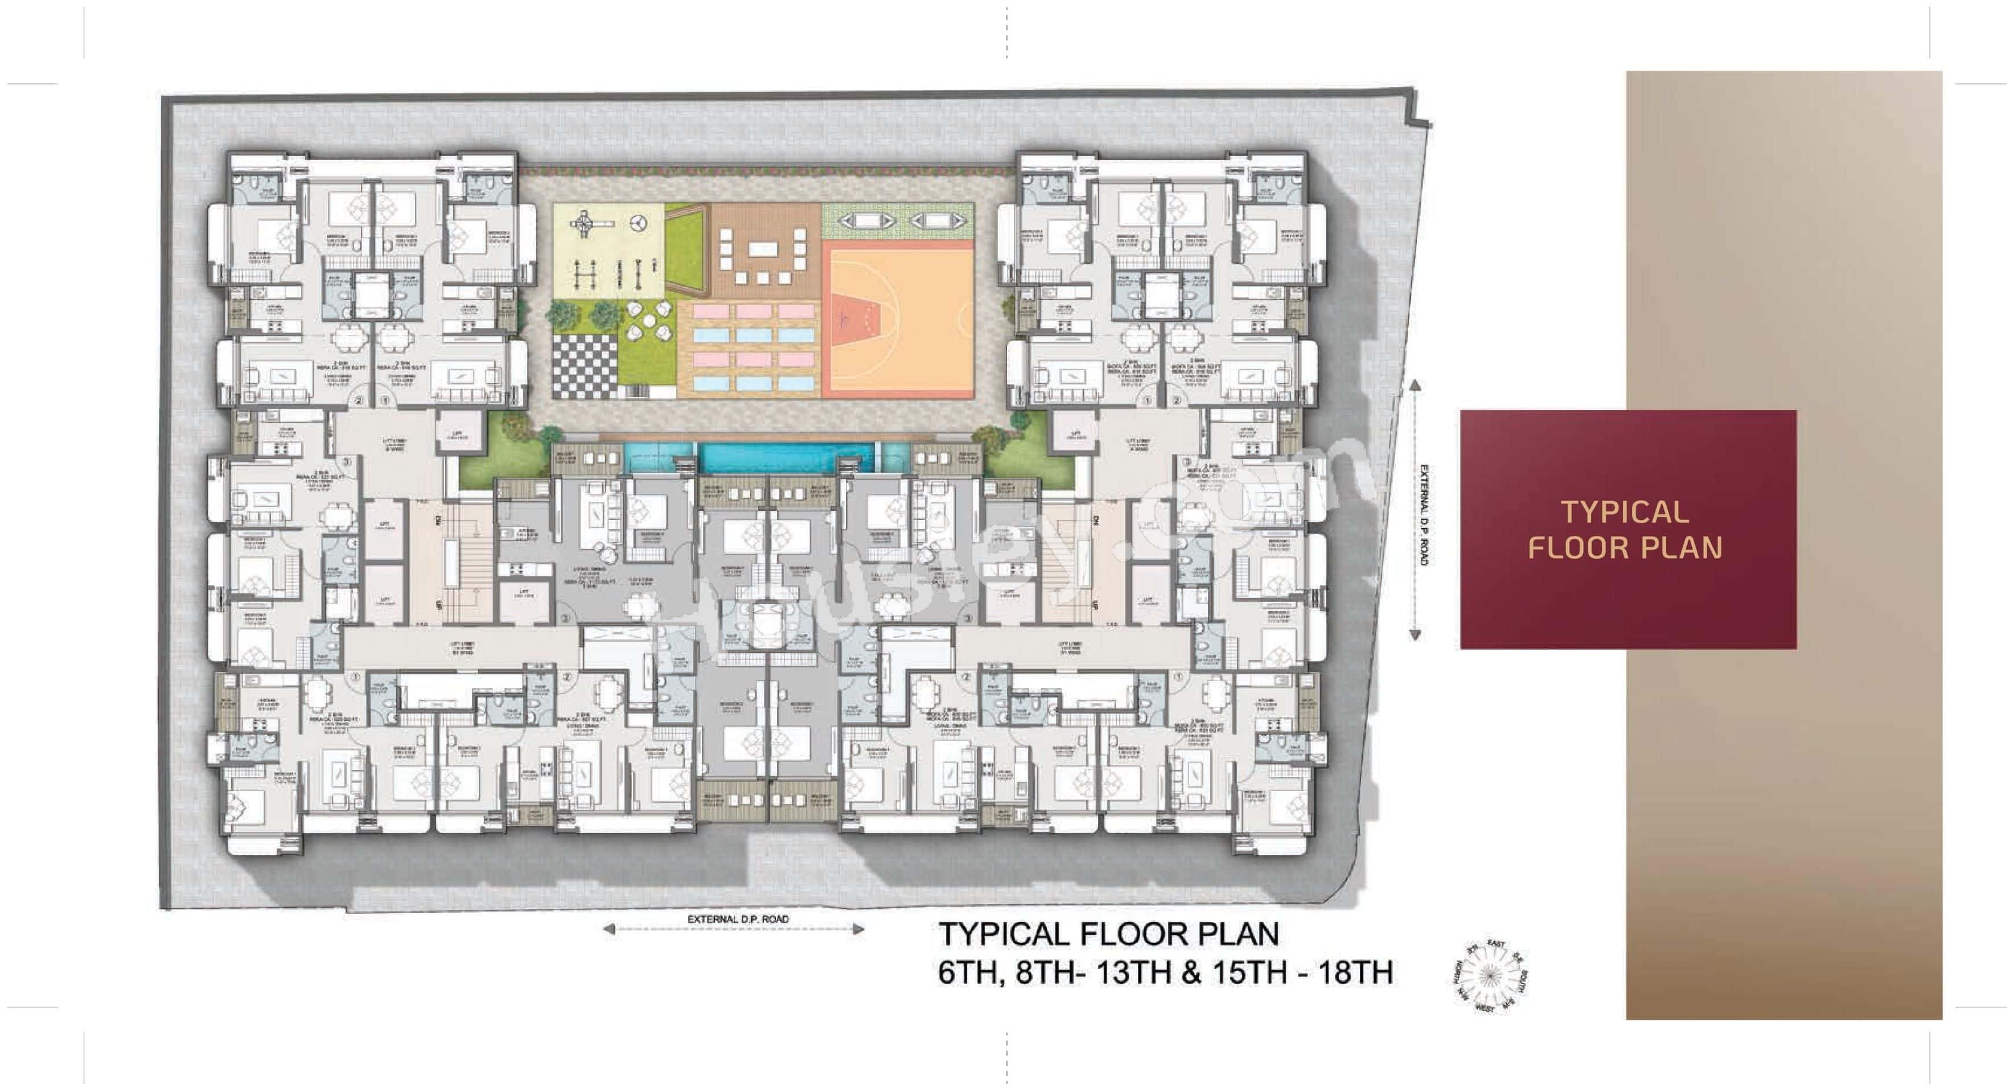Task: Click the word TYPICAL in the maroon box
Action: tap(1625, 512)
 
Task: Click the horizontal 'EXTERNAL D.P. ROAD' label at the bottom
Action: tap(738, 919)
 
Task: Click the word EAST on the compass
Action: tap(1495, 945)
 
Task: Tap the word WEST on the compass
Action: tap(1484, 1009)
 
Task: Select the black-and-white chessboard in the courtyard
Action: tap(585, 367)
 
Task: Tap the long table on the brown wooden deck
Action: tap(759, 249)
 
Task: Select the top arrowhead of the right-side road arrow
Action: tap(1415, 385)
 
